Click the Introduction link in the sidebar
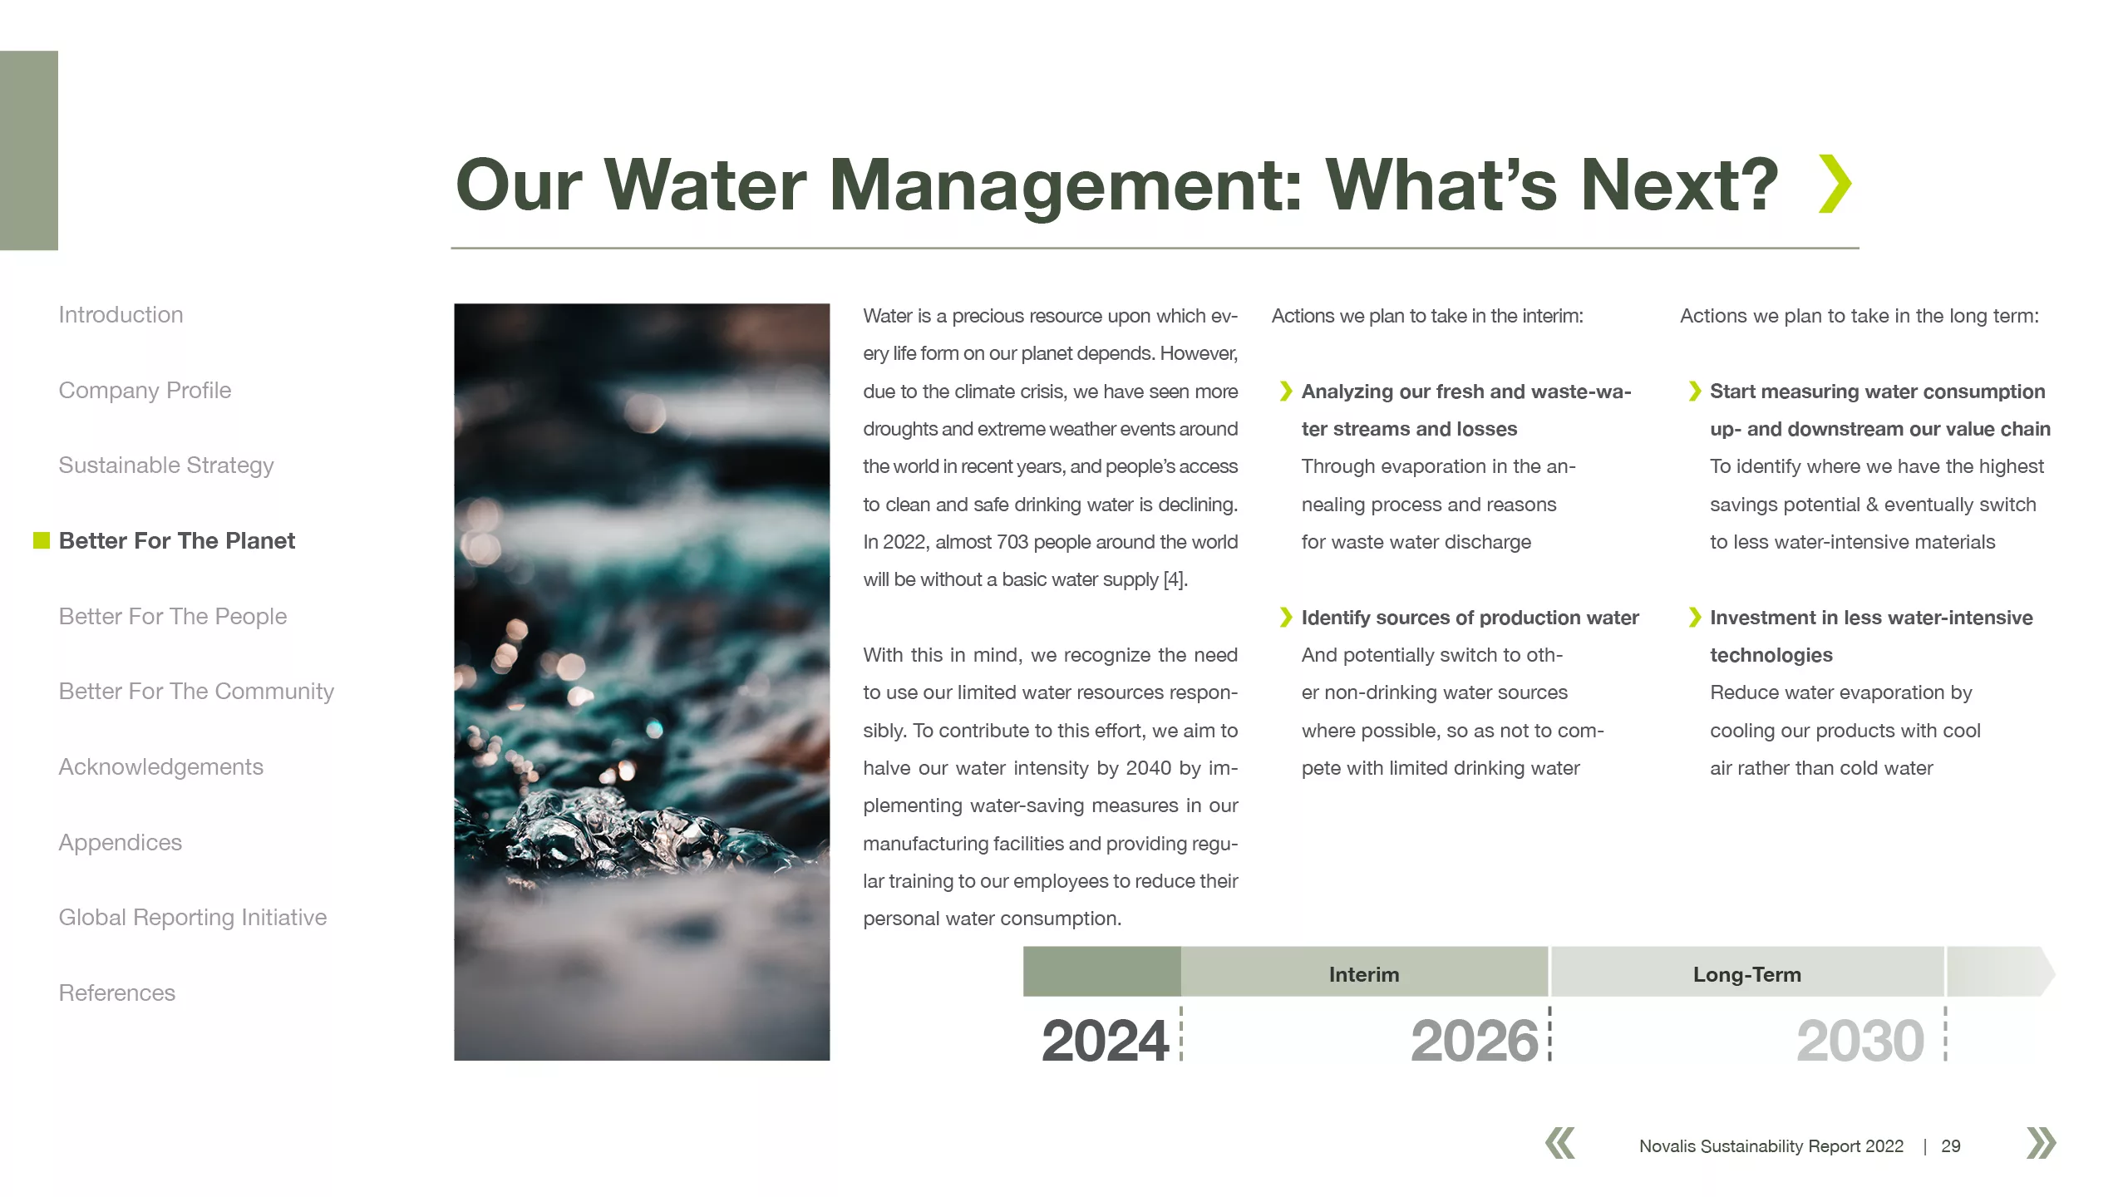(x=121, y=315)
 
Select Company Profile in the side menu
(x=145, y=391)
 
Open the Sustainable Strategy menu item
(x=166, y=465)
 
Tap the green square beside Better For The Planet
(x=42, y=541)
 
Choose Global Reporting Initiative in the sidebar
(x=193, y=918)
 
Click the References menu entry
(x=117, y=993)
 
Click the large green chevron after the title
(x=1835, y=184)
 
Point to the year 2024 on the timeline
(x=1106, y=1040)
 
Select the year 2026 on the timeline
(x=1475, y=1040)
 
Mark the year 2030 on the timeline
(x=1860, y=1040)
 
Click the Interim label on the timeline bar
(x=1364, y=974)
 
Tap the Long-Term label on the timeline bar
(x=1747, y=974)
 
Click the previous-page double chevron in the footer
(x=1560, y=1143)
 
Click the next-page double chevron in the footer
(x=2042, y=1143)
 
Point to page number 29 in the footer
(x=1951, y=1146)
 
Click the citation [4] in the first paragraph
(x=1175, y=580)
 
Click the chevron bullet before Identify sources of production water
(x=1286, y=618)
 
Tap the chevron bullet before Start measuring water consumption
(x=1695, y=392)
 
